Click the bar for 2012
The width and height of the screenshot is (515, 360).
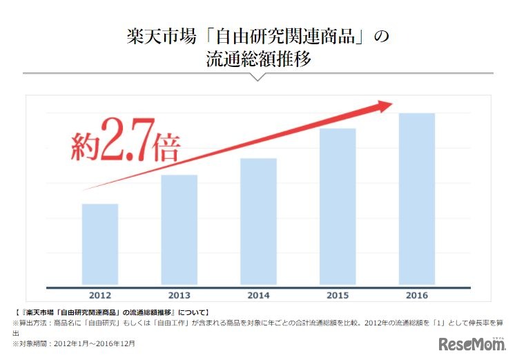(100, 245)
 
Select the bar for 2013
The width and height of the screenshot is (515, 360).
(179, 230)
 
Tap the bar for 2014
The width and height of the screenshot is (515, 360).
(259, 222)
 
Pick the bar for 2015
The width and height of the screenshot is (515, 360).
(338, 207)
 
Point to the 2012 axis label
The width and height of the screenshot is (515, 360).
(100, 296)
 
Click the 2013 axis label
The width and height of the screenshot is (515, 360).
(179, 296)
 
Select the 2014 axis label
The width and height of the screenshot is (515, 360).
(259, 296)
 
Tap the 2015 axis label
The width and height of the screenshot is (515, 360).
(338, 296)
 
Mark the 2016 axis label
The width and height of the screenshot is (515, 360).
(417, 296)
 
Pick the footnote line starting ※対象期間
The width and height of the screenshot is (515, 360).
(73, 343)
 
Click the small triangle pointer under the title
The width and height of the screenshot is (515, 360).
(257, 77)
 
